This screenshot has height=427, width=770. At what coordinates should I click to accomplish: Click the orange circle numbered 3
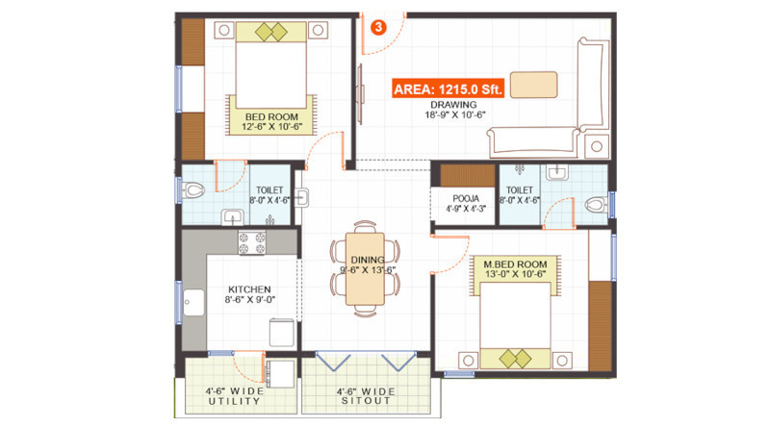[x=378, y=27]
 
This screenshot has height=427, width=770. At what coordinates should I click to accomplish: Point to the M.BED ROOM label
[x=516, y=264]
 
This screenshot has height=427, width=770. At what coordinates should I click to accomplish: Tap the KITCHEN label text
[x=249, y=289]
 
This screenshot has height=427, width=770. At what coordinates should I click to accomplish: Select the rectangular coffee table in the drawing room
[x=533, y=85]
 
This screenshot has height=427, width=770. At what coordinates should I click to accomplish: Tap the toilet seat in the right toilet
[x=598, y=204]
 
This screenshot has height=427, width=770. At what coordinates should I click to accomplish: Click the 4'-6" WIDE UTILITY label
[x=236, y=396]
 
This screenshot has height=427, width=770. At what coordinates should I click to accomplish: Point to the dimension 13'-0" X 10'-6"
[x=516, y=276]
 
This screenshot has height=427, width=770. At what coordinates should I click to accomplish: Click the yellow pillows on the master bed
[x=515, y=359]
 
